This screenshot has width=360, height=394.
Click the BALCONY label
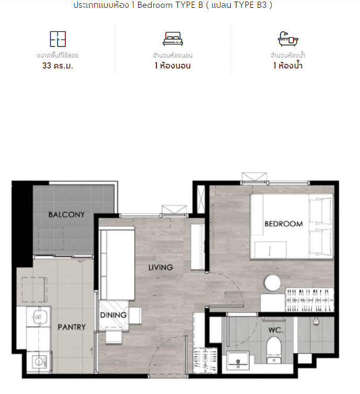pyautogui.click(x=66, y=215)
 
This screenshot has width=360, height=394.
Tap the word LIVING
pyautogui.click(x=161, y=267)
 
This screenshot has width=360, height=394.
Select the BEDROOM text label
pyautogui.click(x=284, y=224)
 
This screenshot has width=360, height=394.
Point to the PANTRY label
pyautogui.click(x=72, y=327)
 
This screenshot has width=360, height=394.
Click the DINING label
pyautogui.click(x=114, y=315)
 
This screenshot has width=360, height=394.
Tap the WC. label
pyautogui.click(x=276, y=330)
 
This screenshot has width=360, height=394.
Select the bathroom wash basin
pyautogui.click(x=238, y=361)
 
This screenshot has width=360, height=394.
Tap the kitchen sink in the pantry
pyautogui.click(x=38, y=317)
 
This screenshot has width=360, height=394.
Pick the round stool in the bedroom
pyautogui.click(x=272, y=283)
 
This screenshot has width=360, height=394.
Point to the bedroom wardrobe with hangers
pyautogui.click(x=309, y=300)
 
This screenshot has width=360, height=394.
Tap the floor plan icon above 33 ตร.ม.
pyautogui.click(x=58, y=39)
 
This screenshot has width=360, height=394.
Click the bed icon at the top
pyautogui.click(x=173, y=39)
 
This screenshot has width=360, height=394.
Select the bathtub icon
pyautogui.click(x=288, y=39)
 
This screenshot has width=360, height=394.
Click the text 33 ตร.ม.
pyautogui.click(x=58, y=66)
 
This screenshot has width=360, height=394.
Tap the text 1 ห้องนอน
pyautogui.click(x=173, y=66)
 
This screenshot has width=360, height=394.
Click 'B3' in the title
pyautogui.click(x=262, y=5)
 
